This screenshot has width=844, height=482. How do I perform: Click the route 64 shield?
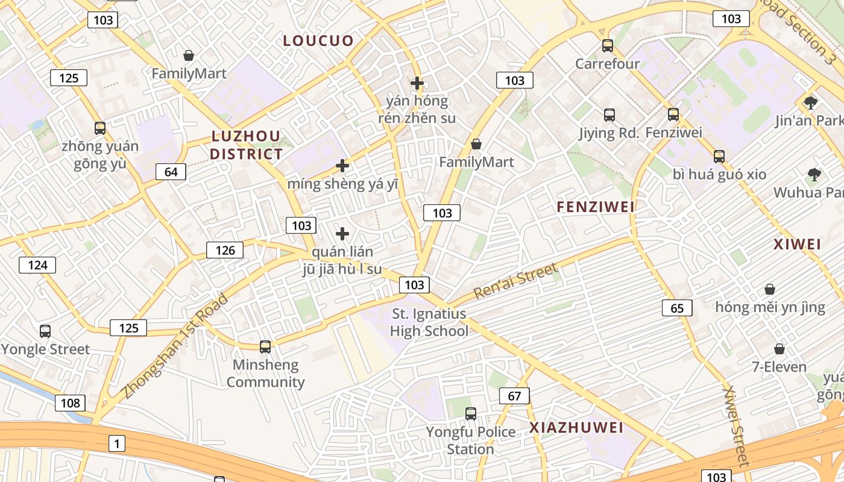[x=171, y=172]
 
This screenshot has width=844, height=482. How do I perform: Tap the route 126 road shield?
[x=225, y=250]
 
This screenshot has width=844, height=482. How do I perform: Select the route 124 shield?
[x=37, y=264]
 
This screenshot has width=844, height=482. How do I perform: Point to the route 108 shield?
[x=71, y=402]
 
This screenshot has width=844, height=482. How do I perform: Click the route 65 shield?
[x=677, y=308]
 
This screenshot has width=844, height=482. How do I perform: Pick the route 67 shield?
[x=514, y=396]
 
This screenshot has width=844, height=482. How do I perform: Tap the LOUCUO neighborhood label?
[x=318, y=41]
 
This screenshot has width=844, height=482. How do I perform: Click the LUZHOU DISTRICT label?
[x=246, y=145]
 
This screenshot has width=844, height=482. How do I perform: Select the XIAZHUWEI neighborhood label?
[x=576, y=428]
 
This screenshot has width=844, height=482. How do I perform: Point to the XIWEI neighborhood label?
[x=798, y=245]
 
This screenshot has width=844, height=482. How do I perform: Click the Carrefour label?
[x=607, y=64]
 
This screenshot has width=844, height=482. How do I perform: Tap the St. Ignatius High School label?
[x=429, y=322]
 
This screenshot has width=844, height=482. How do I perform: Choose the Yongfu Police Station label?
[x=471, y=440]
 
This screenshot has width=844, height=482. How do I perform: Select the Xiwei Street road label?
[x=736, y=427]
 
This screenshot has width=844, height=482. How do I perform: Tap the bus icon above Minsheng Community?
[x=265, y=346]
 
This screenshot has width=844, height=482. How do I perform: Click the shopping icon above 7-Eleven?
[x=779, y=349]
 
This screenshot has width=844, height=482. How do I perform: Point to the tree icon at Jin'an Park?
[x=811, y=102]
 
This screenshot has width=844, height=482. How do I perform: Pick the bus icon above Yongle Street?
[x=45, y=331]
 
